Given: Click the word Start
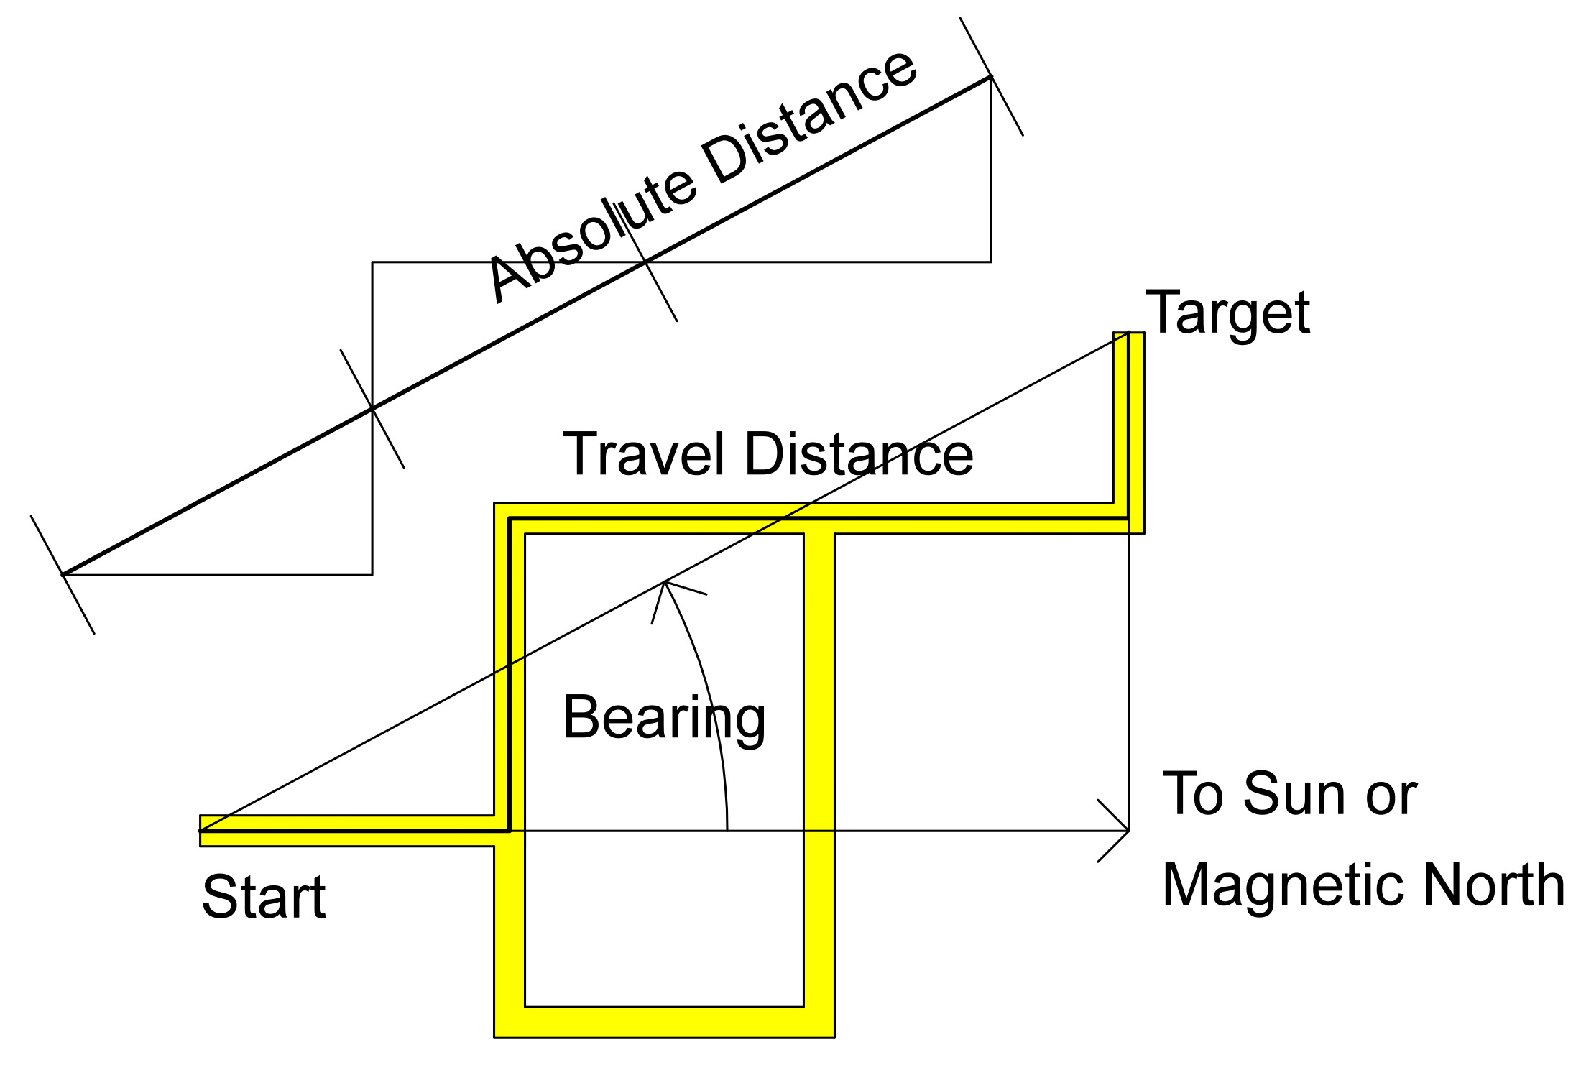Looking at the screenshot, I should point(264,897).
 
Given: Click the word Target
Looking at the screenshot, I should point(1227,313).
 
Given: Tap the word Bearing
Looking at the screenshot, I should point(664,718).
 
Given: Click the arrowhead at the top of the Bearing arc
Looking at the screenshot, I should point(666,584).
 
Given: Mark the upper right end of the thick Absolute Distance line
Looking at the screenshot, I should point(991,76).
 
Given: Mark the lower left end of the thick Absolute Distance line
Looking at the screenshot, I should point(63,574).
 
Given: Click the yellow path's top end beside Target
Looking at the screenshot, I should point(1128,335).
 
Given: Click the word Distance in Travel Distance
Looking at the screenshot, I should point(859,454).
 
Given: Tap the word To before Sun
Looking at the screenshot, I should point(1193,794).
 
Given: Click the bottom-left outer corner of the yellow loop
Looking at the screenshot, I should point(495,1036).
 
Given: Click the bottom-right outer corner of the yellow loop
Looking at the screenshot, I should point(834,1036).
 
